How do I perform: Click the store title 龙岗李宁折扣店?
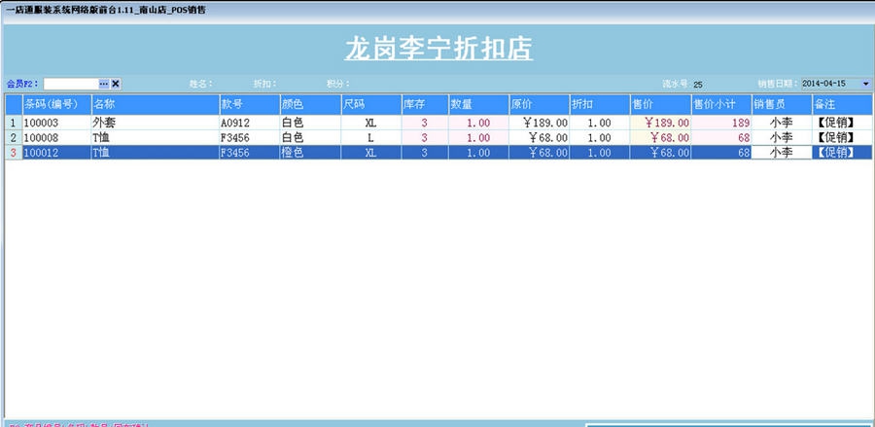point(438,49)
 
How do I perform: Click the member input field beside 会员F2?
point(70,84)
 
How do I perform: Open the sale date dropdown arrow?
point(865,84)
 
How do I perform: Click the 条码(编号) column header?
point(55,103)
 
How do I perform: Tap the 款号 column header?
point(248,103)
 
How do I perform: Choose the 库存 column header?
point(424,103)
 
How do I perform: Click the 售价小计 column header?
point(719,103)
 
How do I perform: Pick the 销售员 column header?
point(781,103)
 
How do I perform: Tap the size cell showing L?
point(370,138)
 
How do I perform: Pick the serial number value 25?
point(698,85)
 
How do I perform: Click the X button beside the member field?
point(116,84)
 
